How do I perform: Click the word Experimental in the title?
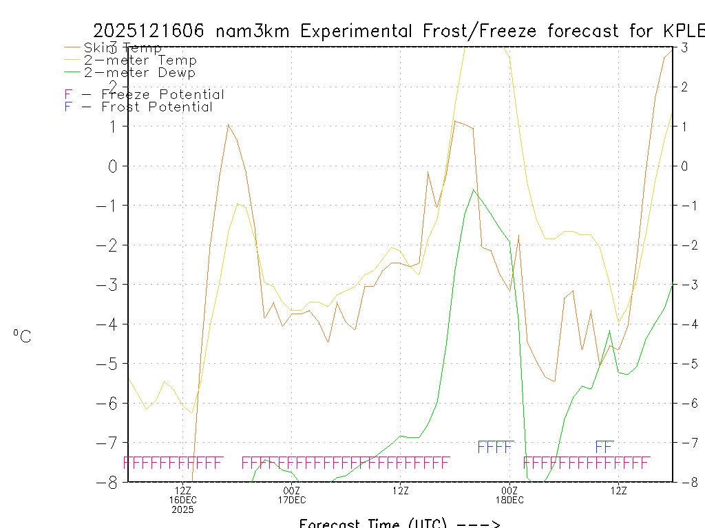tap(357, 31)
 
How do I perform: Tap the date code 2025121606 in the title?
tap(148, 31)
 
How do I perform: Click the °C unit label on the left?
tap(22, 337)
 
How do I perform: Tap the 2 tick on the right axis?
tap(685, 87)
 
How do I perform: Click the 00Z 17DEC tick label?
tap(292, 495)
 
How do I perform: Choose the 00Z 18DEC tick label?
tap(509, 495)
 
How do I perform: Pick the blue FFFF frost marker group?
tap(496, 447)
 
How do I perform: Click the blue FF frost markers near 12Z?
tap(604, 447)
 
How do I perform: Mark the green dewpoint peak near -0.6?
tap(473, 190)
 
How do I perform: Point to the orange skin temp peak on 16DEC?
tap(228, 124)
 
